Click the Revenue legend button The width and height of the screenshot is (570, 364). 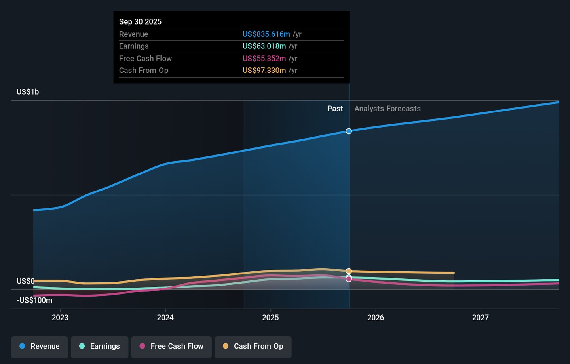click(40, 347)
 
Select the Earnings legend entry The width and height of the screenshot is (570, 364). click(99, 347)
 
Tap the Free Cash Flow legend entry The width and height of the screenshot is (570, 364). click(171, 347)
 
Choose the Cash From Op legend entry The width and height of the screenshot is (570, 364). click(253, 347)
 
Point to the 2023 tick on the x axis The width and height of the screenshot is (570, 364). click(60, 318)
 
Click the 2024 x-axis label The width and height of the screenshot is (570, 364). click(165, 318)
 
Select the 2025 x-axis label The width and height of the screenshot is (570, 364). click(270, 318)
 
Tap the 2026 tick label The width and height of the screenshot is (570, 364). click(376, 318)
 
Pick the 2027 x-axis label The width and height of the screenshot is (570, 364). click(480, 318)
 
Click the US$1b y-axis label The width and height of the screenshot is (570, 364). click(28, 92)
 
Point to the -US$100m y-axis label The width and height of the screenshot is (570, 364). click(34, 300)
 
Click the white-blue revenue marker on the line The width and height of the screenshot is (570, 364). click(349, 131)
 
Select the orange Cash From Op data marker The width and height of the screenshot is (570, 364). click(349, 271)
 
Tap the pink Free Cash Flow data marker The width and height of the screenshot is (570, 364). click(349, 279)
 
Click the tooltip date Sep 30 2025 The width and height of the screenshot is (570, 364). click(140, 22)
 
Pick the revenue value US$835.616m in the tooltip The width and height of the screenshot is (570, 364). click(266, 34)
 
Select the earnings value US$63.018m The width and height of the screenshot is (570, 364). click(264, 46)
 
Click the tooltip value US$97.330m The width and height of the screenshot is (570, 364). click(264, 71)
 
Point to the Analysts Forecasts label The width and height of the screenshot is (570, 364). click(388, 109)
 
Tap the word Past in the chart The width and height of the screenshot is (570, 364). click(335, 109)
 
